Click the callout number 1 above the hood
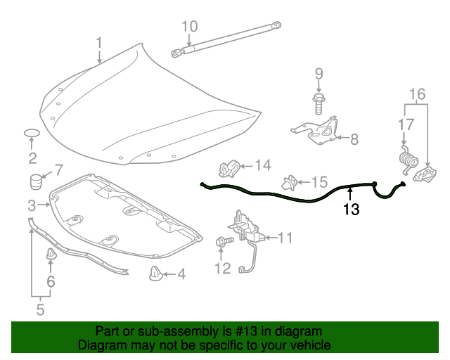click(99, 42)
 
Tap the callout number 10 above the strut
click(190, 27)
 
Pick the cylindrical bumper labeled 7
click(36, 181)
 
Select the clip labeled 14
click(227, 169)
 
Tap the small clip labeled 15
click(288, 182)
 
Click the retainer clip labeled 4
click(155, 273)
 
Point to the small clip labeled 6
click(51, 254)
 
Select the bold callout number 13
click(350, 209)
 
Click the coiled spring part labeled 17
click(406, 160)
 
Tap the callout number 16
click(418, 94)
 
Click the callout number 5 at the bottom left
click(40, 308)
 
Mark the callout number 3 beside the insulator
click(32, 205)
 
